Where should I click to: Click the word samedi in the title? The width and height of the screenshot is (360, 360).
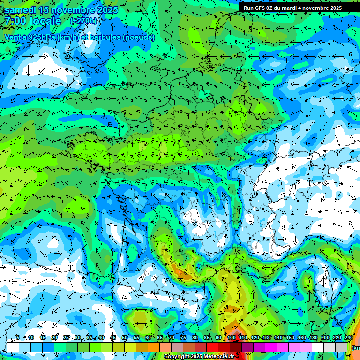pyautogui.click(x=21, y=10)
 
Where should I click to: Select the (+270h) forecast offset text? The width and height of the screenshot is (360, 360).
pyautogui.click(x=83, y=21)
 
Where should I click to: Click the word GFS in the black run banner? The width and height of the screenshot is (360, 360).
pyautogui.click(x=261, y=7)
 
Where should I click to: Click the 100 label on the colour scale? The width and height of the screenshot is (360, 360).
pyautogui.click(x=231, y=337)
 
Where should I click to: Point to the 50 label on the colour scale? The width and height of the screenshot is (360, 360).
pyautogui.click(x=125, y=337)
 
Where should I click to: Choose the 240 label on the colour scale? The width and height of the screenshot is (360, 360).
pyautogui.click(x=348, y=337)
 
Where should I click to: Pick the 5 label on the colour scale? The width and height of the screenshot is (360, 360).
pyautogui.click(x=18, y=337)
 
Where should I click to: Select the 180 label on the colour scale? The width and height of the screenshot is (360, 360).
pyautogui.click(x=313, y=337)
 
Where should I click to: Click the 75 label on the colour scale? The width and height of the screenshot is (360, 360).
pyautogui.click(x=183, y=337)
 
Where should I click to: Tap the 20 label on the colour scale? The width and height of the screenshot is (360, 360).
pyautogui.click(x=54, y=337)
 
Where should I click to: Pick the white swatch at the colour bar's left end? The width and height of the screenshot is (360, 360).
pyautogui.click(x=13, y=347)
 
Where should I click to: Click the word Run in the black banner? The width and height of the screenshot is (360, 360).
pyautogui.click(x=248, y=7)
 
